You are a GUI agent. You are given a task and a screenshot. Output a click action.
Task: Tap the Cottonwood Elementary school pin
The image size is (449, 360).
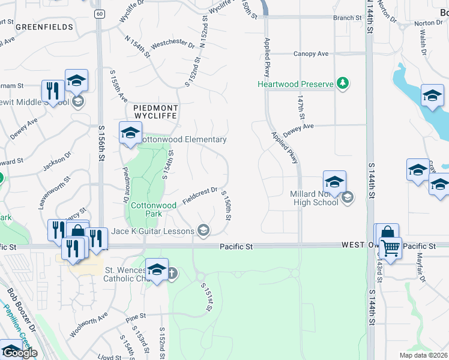click(x=130, y=134)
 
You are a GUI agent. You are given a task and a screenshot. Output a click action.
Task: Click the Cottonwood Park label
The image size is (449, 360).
click(x=154, y=209)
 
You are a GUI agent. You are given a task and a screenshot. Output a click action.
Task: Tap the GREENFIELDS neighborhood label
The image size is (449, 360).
click(x=45, y=27)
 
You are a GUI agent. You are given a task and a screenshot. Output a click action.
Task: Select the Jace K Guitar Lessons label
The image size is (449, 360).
click(x=152, y=231)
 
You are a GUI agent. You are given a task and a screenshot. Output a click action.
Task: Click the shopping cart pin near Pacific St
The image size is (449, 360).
click(x=390, y=247)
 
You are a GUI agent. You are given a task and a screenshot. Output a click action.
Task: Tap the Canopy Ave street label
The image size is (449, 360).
click(x=311, y=54)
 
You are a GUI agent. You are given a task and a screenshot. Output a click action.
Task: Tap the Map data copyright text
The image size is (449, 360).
click(x=424, y=355)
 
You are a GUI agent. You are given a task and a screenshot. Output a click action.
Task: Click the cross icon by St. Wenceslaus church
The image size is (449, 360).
click(x=172, y=274)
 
